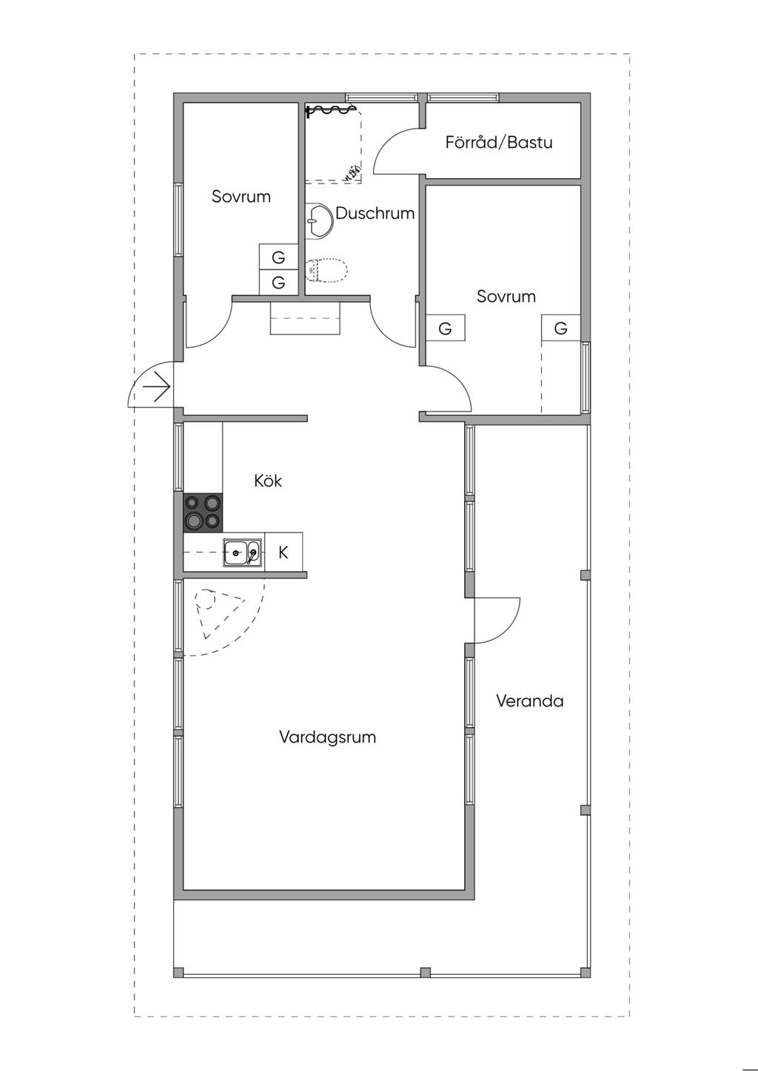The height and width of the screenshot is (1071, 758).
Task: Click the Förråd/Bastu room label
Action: point(499,143)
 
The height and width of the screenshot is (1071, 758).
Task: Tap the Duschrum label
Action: point(375,214)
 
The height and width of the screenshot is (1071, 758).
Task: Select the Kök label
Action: point(268,481)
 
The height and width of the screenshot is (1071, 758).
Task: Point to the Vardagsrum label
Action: point(327,737)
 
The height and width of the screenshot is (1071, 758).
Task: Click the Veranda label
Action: point(529,701)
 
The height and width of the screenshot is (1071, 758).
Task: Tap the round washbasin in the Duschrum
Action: point(319,220)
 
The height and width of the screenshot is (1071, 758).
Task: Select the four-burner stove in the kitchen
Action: point(204,512)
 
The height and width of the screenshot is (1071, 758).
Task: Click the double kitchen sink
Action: point(243,552)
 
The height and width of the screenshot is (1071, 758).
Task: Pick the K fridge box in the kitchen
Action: point(284,552)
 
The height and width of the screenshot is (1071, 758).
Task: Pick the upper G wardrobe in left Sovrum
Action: point(278,257)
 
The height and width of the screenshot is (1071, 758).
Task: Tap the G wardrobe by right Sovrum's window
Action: point(560,328)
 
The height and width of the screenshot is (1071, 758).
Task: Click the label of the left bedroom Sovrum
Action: point(241,197)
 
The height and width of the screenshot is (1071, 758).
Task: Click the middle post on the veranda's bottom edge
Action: point(425,972)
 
